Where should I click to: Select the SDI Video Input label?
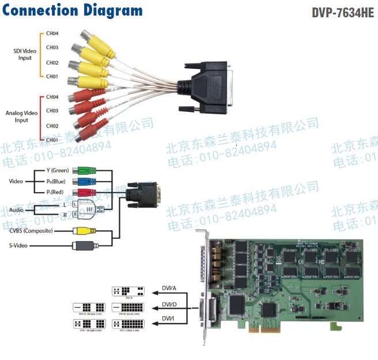25,54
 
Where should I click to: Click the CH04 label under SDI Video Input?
52,33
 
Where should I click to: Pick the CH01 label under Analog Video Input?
52,140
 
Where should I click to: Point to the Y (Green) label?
57,170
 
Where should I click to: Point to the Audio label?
17,209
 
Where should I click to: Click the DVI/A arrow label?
169,288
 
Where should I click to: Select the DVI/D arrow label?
169,304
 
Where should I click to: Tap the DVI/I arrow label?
168,318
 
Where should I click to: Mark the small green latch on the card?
332,327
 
